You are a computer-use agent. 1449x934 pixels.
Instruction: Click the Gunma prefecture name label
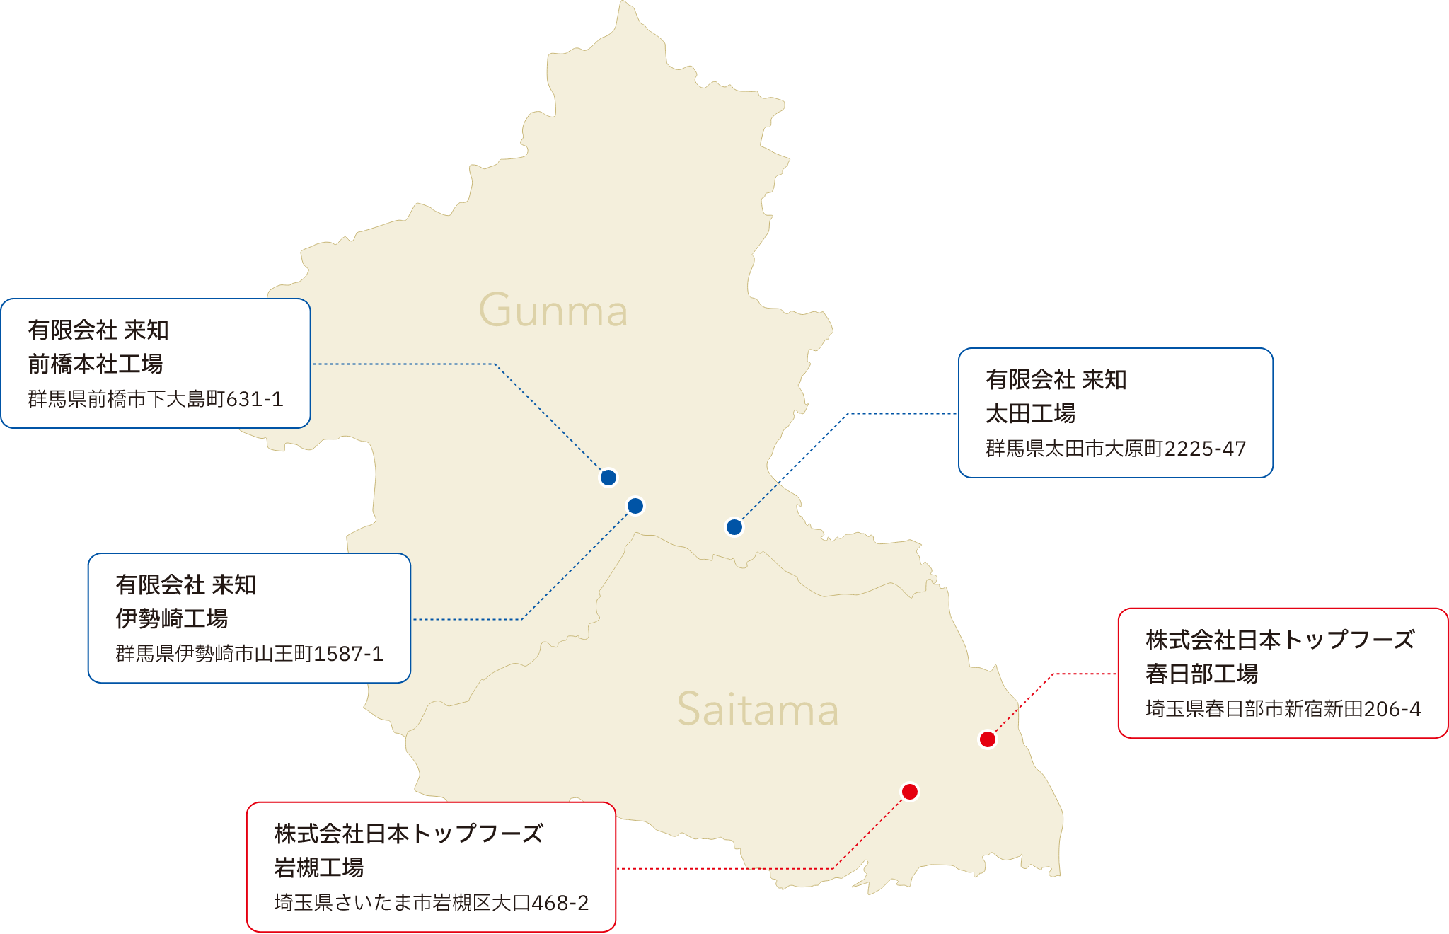click(x=553, y=311)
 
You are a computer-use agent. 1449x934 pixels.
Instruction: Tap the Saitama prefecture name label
click(x=758, y=710)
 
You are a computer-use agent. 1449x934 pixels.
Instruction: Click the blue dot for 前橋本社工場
click(x=608, y=478)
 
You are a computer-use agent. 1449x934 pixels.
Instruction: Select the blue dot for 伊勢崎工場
click(x=635, y=506)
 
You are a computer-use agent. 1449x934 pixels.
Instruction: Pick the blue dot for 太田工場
click(x=734, y=527)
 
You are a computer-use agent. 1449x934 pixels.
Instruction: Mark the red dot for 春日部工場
click(x=988, y=739)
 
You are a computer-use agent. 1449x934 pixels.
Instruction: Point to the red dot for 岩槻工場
click(x=910, y=792)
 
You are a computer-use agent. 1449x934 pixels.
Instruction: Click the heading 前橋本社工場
click(x=96, y=364)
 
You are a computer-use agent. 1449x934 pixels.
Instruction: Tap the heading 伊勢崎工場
click(x=172, y=619)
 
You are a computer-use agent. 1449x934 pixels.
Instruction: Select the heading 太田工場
click(x=1031, y=414)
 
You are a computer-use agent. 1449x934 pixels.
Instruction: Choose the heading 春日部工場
click(x=1202, y=674)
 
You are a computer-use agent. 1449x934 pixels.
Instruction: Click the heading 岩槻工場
click(x=319, y=868)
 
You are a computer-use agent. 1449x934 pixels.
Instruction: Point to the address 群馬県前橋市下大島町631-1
click(x=156, y=400)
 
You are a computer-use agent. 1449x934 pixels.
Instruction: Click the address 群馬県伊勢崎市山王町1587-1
click(x=249, y=654)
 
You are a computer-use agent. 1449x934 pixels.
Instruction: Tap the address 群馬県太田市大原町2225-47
click(x=1116, y=449)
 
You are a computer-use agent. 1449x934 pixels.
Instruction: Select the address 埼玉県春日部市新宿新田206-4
click(x=1283, y=709)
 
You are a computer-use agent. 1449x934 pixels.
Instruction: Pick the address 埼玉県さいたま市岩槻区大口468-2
click(x=431, y=903)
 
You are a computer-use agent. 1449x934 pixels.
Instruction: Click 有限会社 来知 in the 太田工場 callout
click(x=1056, y=380)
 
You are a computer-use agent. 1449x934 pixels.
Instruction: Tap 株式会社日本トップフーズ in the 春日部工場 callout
click(x=1279, y=640)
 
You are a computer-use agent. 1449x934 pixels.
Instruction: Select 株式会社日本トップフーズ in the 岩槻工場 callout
click(x=408, y=834)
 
